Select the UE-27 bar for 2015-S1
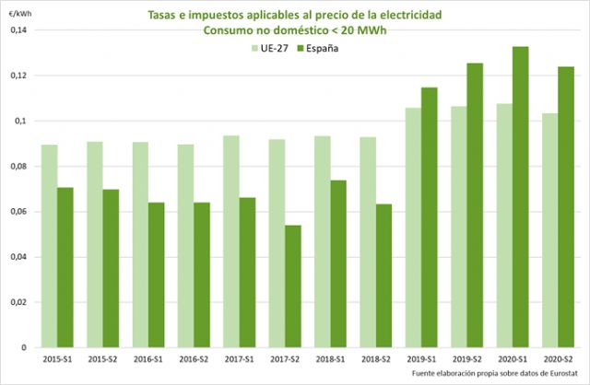(50, 246)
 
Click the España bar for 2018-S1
(338, 263)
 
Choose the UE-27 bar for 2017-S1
(231, 241)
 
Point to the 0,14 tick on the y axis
(19, 30)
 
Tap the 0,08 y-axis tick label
(19, 167)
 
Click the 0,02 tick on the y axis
(19, 302)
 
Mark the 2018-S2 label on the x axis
(376, 358)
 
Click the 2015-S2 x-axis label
(103, 358)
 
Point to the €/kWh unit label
(18, 14)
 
